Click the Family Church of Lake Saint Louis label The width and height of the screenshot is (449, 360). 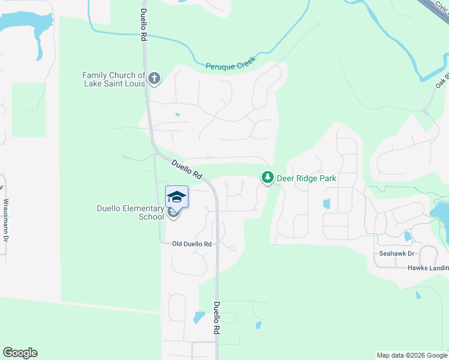(x=114, y=79)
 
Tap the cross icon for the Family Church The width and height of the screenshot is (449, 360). (x=154, y=78)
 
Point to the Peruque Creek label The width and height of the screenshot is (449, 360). (x=231, y=63)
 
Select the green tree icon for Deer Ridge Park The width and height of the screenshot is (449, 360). (x=267, y=178)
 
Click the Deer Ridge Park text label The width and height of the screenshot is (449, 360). (x=306, y=178)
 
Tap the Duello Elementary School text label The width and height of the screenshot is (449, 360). (x=130, y=212)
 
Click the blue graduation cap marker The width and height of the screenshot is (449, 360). (x=176, y=196)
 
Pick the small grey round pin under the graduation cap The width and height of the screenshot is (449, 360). (x=173, y=212)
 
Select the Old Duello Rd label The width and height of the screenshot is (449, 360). (x=192, y=244)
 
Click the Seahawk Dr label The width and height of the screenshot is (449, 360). (x=393, y=254)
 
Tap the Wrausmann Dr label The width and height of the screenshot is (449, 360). (x=6, y=220)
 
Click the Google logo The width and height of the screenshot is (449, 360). (x=20, y=353)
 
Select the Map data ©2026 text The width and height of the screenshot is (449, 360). (x=411, y=355)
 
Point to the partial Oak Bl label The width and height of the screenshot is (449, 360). (x=442, y=82)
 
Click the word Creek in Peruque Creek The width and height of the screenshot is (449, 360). (x=245, y=61)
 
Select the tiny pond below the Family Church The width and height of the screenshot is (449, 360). (x=177, y=114)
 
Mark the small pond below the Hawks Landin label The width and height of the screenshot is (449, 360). (x=418, y=295)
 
